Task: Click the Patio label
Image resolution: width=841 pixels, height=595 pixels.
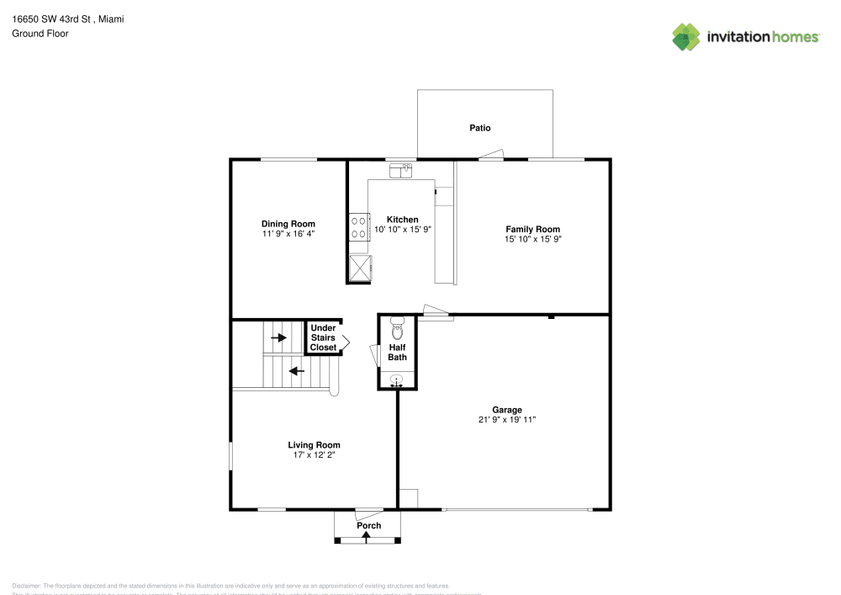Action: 479,128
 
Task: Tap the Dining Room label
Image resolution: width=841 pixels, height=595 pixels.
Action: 288,224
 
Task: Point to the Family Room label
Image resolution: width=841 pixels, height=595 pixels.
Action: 532,229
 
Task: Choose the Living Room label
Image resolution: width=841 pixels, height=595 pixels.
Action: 314,445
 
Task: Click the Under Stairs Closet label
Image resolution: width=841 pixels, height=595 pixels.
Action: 323,337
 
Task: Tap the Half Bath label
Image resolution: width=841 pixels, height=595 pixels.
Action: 398,352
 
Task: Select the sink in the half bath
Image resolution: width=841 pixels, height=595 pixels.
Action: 397,382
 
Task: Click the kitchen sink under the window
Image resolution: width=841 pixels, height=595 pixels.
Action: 401,171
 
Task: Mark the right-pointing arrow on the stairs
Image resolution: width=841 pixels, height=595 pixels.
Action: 278,337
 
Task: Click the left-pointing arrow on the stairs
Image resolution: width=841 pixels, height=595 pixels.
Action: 295,369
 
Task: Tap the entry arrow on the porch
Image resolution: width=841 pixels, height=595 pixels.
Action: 365,535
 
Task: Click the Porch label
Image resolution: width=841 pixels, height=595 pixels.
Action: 368,525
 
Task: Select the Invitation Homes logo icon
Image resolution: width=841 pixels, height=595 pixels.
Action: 686,36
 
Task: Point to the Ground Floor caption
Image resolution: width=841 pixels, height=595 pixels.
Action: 40,34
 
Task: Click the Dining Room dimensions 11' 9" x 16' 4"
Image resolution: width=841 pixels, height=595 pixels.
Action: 288,234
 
